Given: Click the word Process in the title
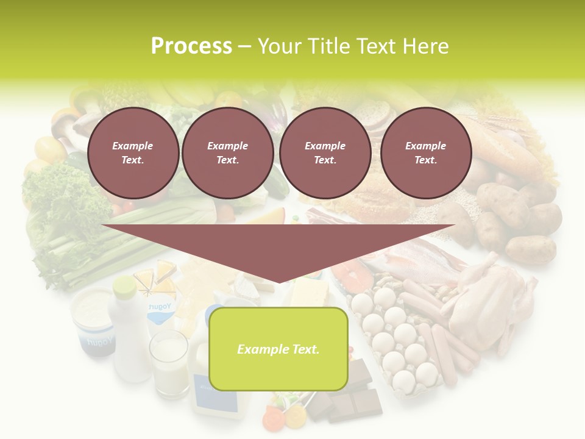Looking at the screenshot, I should [191, 46].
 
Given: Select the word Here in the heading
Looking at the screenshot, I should [425, 46].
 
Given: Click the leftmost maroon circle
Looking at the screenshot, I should [133, 153].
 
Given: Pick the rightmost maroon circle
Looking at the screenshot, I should [426, 153].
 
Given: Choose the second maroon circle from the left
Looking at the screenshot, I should [227, 153].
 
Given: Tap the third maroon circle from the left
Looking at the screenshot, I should [325, 153].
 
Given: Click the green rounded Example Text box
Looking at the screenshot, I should [278, 349].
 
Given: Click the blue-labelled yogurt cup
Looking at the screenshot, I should [93, 320].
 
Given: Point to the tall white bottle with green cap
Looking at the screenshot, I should [130, 329].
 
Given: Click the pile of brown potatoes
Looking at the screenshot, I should [518, 220].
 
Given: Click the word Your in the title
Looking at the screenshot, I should [282, 46].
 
